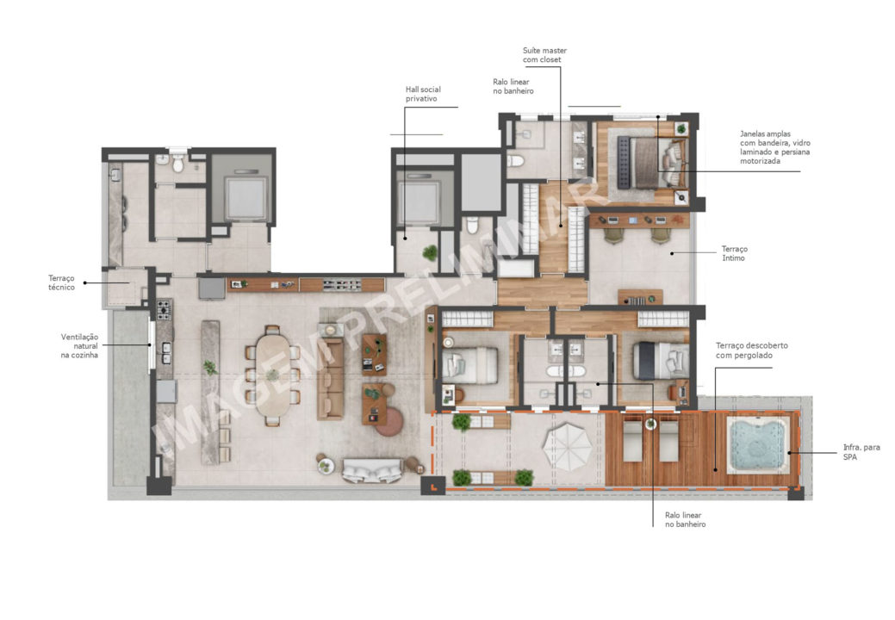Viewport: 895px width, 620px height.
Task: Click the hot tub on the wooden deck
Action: click(757, 444)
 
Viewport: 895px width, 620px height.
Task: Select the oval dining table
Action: click(273, 375)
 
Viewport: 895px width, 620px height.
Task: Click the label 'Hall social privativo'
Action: click(423, 94)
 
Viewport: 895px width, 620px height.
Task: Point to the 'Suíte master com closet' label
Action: click(544, 55)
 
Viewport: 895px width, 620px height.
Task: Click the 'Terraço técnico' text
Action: click(61, 283)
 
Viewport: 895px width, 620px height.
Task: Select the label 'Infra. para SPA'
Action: click(861, 452)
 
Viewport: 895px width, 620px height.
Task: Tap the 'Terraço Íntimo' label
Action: click(734, 253)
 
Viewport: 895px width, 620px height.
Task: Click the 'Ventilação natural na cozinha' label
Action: click(79, 345)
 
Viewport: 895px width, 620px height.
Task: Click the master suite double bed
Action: click(650, 163)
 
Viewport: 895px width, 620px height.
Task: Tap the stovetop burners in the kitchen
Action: click(164, 309)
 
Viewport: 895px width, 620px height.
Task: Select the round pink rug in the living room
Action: click(389, 423)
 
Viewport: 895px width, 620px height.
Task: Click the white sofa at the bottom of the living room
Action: click(371, 471)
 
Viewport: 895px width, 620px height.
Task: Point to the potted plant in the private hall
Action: click(431, 252)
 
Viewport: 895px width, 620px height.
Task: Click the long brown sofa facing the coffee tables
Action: click(331, 378)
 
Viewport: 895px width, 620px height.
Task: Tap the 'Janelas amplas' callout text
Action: click(774, 147)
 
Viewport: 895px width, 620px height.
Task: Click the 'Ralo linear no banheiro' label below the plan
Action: click(685, 519)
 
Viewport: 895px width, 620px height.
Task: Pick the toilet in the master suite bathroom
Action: click(515, 161)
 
